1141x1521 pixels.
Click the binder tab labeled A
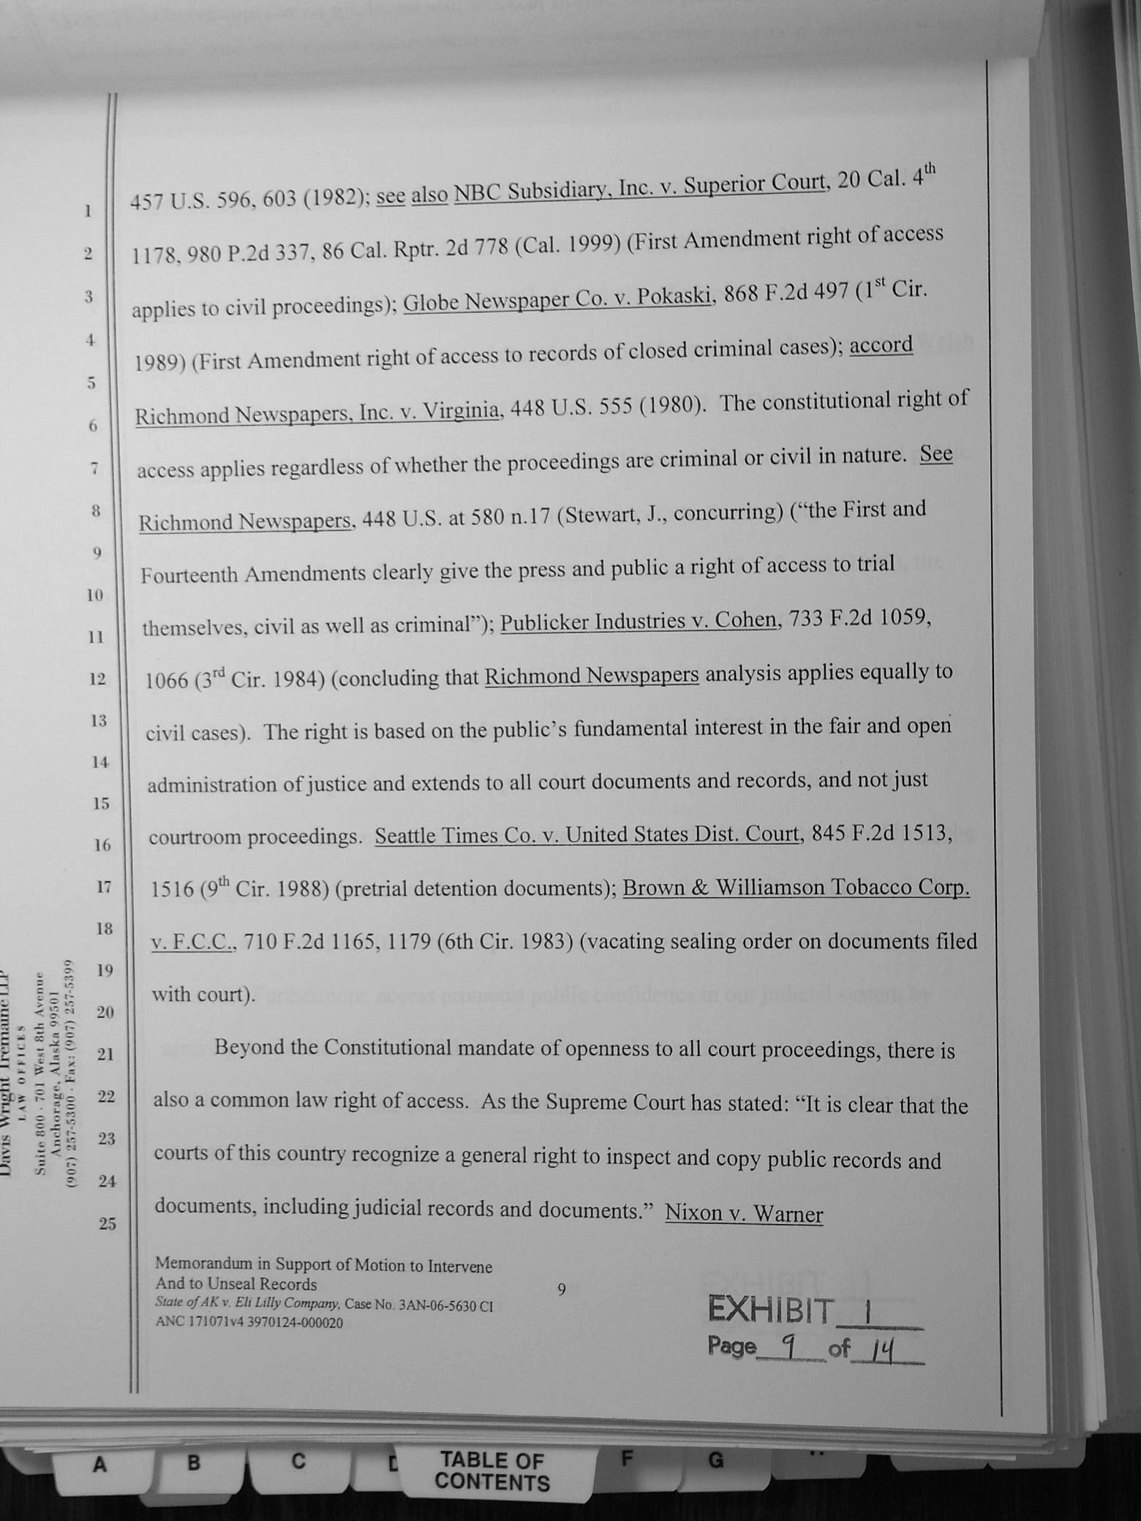[99, 1465]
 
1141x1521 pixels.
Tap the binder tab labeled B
[193, 1463]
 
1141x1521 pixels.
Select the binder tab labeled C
[298, 1461]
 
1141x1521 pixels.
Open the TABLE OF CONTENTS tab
[492, 1471]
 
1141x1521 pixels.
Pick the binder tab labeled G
[715, 1461]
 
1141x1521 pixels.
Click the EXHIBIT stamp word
[770, 1310]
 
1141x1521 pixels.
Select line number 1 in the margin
[88, 211]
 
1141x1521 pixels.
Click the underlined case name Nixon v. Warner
[744, 1214]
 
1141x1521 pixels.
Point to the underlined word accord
[881, 344]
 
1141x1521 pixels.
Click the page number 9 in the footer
[561, 1290]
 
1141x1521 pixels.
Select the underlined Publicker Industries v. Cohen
[638, 621]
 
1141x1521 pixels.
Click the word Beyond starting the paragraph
[248, 1047]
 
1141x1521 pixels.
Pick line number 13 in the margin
[98, 721]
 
